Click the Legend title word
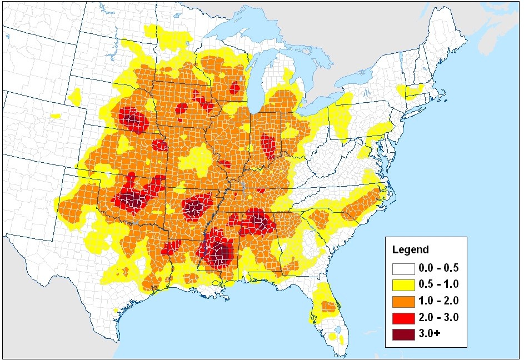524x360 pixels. pos(410,250)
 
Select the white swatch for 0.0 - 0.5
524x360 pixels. pos(405,269)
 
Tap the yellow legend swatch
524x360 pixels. pos(405,286)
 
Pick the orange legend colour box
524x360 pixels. pos(405,302)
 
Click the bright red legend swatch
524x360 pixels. pos(405,318)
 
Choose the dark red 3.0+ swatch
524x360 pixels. pos(405,334)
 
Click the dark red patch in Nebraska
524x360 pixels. pos(132,120)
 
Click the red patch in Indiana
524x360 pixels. pos(269,146)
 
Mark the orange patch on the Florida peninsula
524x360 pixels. pos(328,306)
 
